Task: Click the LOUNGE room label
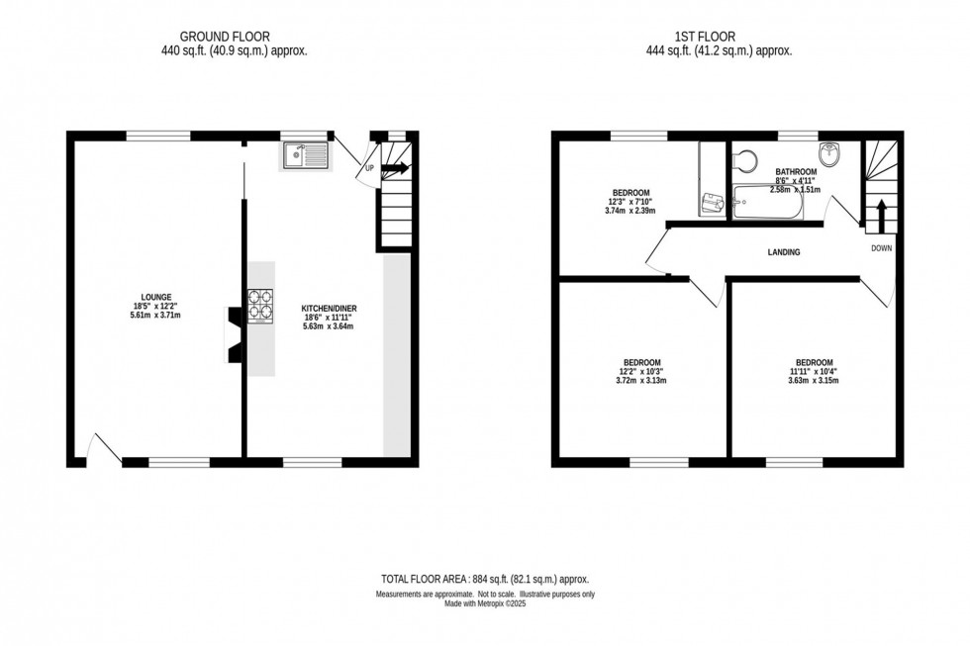click(155, 296)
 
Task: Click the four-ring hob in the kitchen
click(260, 304)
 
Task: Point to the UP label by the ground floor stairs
click(370, 167)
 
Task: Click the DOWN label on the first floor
click(881, 248)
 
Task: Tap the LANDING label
click(783, 252)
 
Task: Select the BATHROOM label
click(795, 171)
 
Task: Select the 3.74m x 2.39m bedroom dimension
click(630, 211)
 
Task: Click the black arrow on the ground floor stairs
click(395, 169)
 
